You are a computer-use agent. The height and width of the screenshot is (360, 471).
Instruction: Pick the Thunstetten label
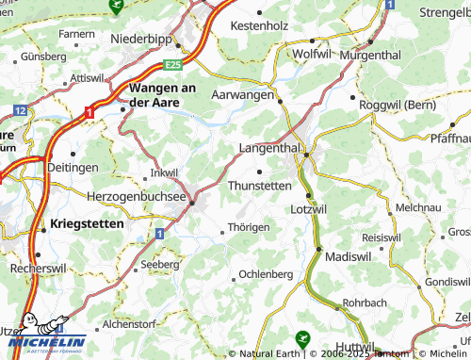pyautogui.click(x=260, y=186)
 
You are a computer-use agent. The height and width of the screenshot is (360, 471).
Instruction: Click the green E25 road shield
pyautogui.click(x=171, y=65)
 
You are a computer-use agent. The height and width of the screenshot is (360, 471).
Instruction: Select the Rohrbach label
pyautogui.click(x=365, y=303)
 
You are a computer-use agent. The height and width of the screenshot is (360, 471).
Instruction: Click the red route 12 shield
pyautogui.click(x=19, y=111)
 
